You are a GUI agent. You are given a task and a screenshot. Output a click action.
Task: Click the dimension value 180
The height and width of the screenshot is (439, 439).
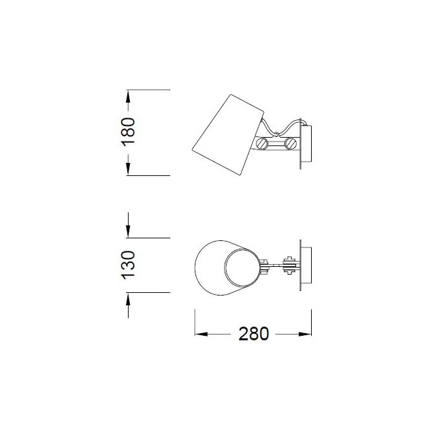(129, 132)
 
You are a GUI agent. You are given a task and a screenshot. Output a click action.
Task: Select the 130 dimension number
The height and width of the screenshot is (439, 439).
(129, 265)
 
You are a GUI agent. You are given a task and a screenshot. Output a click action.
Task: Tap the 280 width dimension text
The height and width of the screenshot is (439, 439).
(253, 334)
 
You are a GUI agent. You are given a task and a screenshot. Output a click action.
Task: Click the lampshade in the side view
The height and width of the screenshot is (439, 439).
(222, 134)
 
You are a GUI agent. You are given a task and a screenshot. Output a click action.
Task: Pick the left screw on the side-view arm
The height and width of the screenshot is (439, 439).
(263, 144)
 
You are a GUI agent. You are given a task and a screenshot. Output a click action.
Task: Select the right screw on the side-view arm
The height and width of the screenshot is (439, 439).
(291, 144)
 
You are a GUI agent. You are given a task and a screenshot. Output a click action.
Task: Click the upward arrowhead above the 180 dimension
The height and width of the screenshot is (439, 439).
(129, 95)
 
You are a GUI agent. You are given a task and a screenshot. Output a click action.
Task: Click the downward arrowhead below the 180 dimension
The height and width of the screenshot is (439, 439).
(129, 169)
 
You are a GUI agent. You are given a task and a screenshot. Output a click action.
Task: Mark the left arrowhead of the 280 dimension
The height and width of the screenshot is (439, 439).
(201, 334)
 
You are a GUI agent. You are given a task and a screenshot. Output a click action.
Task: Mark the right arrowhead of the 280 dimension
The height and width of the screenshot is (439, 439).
(305, 334)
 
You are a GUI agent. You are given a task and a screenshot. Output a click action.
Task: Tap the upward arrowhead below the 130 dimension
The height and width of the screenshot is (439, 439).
(129, 299)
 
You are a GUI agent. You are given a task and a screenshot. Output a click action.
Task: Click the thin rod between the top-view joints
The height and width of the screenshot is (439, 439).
(276, 265)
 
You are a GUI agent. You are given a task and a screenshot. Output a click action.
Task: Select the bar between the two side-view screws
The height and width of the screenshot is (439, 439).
(277, 144)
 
